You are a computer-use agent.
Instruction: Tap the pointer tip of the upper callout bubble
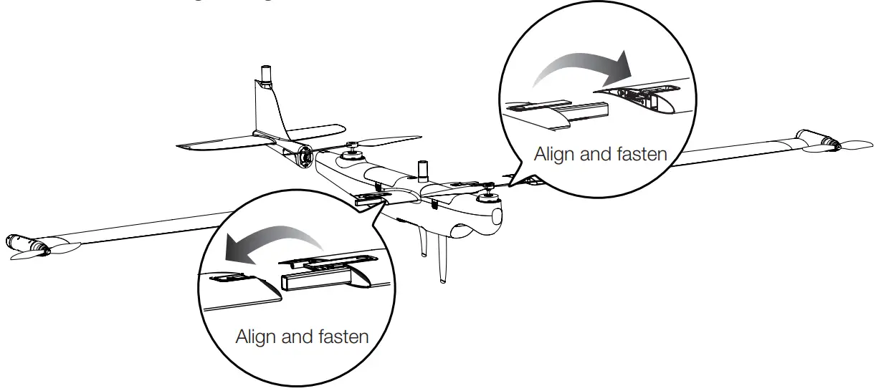pos(510,183)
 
